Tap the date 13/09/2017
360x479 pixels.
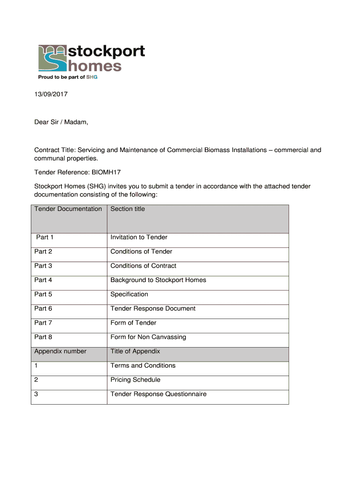[51, 94]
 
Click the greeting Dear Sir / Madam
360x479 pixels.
[61, 123]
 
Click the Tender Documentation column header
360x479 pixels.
[68, 209]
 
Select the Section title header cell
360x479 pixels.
[128, 209]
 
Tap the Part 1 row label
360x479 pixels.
[45, 237]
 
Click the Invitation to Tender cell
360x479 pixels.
[139, 237]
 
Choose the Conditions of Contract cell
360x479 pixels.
[143, 266]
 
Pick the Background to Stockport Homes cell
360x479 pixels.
[158, 280]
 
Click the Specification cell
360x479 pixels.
[129, 294]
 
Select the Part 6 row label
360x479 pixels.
[43, 309]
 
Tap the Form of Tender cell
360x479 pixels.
[133, 323]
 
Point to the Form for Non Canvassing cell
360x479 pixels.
[148, 337]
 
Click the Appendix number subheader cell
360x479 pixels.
[60, 351]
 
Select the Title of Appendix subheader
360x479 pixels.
[135, 351]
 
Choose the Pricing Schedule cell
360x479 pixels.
[135, 380]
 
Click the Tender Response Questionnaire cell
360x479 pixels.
[158, 394]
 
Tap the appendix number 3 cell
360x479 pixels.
[36, 394]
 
